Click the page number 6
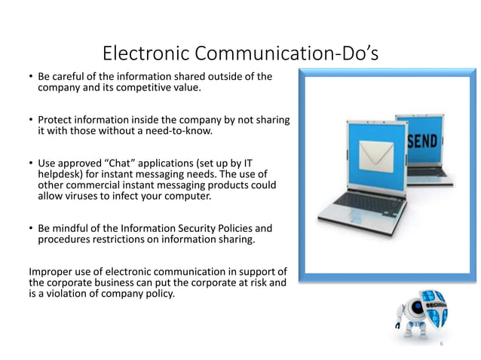click(442, 343)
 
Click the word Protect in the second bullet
click(57, 120)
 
